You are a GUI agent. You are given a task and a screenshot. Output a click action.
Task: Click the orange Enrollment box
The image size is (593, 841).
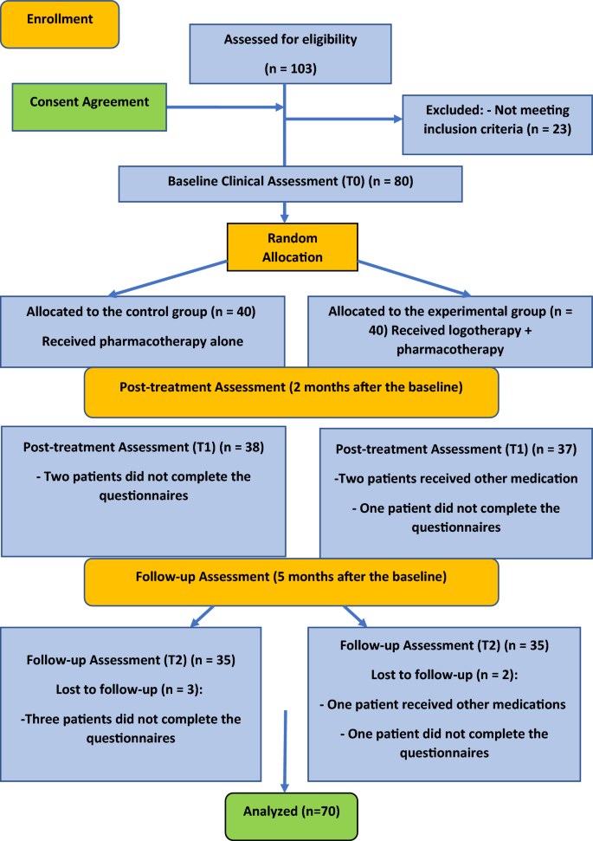click(x=61, y=24)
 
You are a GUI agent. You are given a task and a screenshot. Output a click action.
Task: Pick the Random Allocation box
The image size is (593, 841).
click(x=293, y=247)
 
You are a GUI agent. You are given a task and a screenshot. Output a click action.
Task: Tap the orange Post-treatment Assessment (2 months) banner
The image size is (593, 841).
click(x=291, y=392)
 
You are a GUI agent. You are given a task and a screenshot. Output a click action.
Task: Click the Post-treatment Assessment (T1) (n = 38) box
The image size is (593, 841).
click(x=144, y=490)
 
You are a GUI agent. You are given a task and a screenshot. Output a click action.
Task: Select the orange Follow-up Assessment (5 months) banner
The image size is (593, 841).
click(x=291, y=581)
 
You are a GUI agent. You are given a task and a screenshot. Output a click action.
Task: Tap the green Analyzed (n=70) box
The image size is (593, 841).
click(x=293, y=815)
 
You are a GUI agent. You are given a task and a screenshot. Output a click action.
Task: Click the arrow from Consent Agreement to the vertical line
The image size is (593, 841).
click(x=224, y=108)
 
